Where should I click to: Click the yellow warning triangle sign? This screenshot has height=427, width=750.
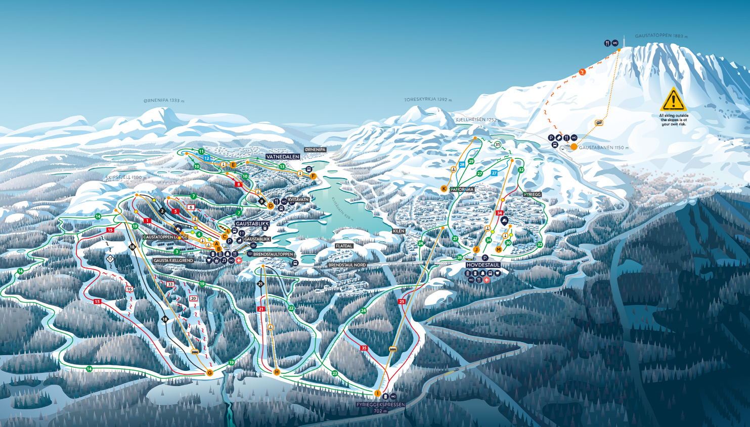click(673, 100)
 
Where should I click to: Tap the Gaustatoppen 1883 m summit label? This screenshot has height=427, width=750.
click(661, 36)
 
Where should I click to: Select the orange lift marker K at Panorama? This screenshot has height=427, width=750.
click(444, 189)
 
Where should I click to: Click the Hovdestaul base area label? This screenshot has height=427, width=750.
click(483, 265)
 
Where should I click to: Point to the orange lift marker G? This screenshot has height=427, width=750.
click(209, 373)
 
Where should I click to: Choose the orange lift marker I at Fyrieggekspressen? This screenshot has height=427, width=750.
click(377, 393)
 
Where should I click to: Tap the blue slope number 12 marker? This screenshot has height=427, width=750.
click(207, 158)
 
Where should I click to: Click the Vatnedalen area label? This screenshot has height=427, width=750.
click(283, 157)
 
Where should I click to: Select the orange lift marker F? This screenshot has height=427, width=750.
click(314, 176)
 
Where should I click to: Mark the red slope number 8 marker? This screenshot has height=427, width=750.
click(238, 184)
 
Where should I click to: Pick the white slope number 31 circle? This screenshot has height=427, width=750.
click(498, 145)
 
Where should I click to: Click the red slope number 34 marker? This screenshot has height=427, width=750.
click(499, 213)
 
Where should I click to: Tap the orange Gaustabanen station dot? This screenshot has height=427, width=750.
click(574, 147)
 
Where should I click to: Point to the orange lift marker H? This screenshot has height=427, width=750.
click(277, 372)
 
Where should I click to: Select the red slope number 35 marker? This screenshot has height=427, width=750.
click(364, 348)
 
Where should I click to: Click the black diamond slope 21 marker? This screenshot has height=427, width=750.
click(260, 284)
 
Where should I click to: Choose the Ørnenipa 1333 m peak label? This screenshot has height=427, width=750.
click(164, 100)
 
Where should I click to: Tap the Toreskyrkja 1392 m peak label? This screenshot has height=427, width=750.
click(428, 100)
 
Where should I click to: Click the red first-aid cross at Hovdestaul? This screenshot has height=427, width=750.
click(487, 280)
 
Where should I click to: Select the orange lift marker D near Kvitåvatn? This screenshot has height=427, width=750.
click(271, 206)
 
